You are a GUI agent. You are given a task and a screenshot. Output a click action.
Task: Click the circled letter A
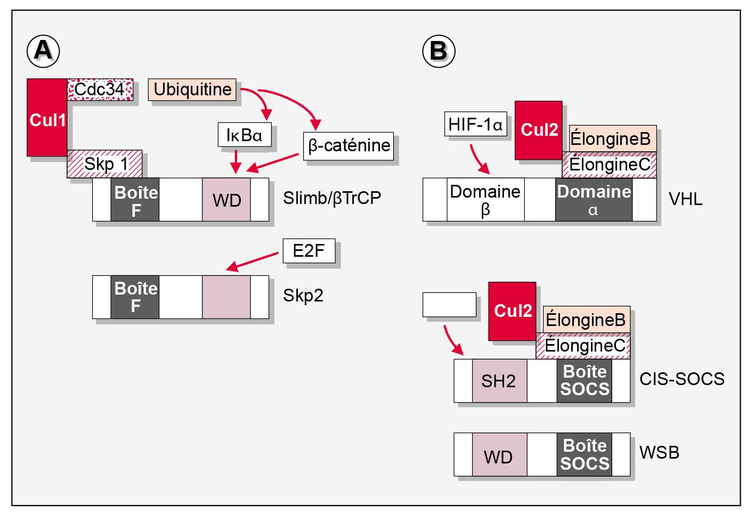43,51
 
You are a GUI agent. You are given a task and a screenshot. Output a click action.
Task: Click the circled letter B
439,51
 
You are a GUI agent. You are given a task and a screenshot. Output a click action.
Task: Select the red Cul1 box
47,118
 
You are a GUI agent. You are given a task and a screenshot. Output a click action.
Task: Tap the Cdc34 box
100,89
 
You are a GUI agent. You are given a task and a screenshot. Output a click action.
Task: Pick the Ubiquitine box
192,89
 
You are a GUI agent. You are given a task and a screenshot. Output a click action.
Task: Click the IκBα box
244,135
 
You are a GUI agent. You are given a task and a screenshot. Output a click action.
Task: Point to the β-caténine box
348,145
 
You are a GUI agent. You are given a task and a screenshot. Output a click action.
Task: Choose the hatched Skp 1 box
104,164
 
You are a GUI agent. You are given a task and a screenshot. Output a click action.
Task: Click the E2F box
309,250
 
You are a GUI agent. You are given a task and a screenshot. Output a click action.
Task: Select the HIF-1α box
475,124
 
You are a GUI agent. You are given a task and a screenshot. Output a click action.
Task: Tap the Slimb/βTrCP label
332,198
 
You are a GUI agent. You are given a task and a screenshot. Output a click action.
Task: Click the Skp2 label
303,296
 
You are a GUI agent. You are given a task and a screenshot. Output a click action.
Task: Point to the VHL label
685,199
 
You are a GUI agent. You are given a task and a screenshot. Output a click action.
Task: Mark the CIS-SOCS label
681,379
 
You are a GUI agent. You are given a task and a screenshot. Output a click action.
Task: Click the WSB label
659,452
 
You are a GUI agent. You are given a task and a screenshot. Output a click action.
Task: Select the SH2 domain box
499,381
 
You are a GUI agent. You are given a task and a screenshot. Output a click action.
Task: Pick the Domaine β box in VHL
485,200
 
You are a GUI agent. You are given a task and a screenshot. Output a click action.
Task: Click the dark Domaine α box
594,200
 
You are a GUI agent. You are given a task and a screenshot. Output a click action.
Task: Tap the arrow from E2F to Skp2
253,261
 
